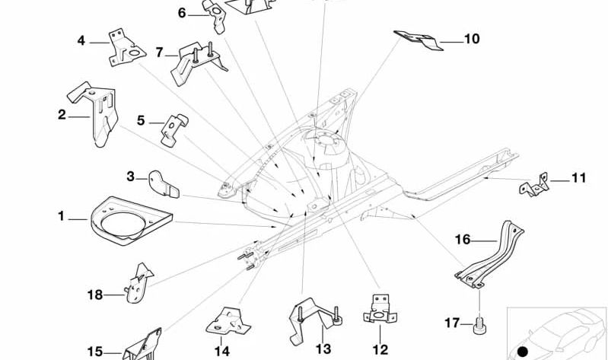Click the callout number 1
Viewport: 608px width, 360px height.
[x=62, y=217]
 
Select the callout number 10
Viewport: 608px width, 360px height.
[x=472, y=38]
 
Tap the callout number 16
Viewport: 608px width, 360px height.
[x=463, y=239]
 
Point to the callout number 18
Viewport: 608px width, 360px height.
[x=94, y=294]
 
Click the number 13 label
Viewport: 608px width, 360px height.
[x=323, y=348]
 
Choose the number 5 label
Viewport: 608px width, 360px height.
[x=141, y=120]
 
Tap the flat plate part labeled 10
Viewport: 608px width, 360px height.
[x=419, y=40]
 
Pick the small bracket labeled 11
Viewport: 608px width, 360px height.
[x=536, y=185]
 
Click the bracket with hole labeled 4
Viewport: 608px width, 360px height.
[x=125, y=52]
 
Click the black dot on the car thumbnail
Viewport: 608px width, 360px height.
[x=523, y=351]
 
